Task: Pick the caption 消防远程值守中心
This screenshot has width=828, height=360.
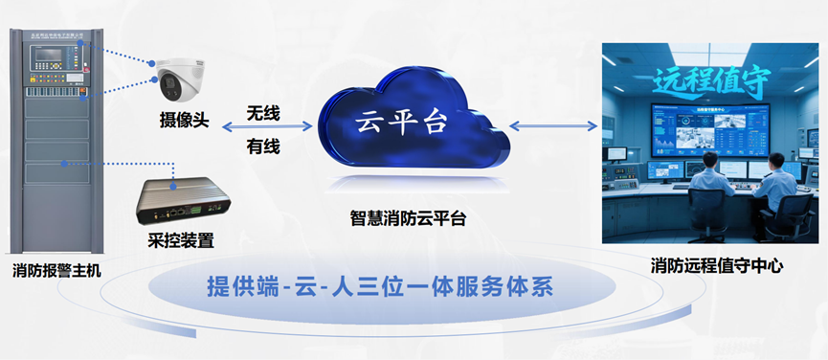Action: point(716,266)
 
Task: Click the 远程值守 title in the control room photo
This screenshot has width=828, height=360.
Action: point(709,83)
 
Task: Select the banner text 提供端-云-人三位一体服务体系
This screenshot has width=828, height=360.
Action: point(381,287)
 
